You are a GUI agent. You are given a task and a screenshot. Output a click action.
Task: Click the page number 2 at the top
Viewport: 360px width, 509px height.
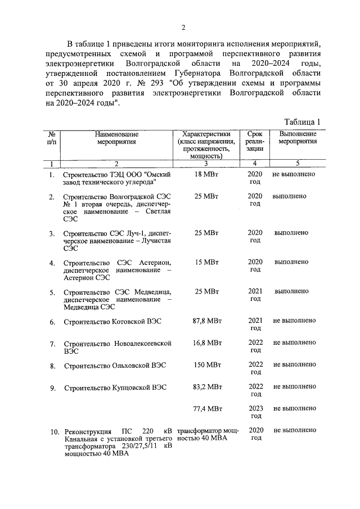click(x=183, y=28)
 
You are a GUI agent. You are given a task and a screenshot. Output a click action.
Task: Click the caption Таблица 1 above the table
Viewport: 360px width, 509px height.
click(x=302, y=122)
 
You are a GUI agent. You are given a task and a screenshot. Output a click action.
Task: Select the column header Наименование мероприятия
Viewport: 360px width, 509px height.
click(x=116, y=138)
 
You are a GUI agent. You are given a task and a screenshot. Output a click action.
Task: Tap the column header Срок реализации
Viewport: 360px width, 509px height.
click(x=255, y=142)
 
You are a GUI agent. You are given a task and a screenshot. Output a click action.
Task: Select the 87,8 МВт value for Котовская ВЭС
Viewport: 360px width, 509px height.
click(x=206, y=321)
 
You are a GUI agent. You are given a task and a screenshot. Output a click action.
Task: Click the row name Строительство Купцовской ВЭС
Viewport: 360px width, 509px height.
click(x=115, y=388)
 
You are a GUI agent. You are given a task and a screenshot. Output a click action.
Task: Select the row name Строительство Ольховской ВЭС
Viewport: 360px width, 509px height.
click(x=115, y=366)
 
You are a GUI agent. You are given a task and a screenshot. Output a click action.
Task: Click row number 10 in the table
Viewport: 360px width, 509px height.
click(x=53, y=432)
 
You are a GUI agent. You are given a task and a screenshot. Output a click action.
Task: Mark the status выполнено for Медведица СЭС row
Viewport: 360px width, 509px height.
click(x=291, y=291)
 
